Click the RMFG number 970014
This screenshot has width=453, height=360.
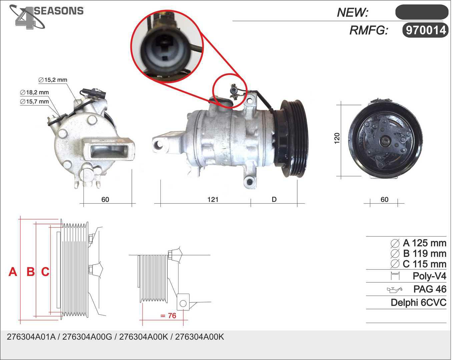(426, 31)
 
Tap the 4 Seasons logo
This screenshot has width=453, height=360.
(46, 17)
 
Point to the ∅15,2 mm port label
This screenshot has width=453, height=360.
(53, 80)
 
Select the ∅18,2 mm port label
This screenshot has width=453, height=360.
(34, 92)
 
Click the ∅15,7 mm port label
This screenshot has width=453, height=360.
(34, 102)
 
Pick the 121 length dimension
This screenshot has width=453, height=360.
(213, 199)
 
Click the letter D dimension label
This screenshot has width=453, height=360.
(274, 199)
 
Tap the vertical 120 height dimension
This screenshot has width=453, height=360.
(337, 138)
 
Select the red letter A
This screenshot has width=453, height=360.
(13, 272)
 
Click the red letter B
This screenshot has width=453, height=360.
(31, 272)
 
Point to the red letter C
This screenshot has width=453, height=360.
(45, 272)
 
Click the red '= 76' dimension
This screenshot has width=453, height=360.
(168, 316)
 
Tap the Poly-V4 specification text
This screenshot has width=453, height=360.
(429, 276)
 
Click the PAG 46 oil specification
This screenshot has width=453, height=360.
(430, 289)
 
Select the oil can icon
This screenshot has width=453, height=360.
(395, 290)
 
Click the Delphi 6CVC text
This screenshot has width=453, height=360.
(419, 303)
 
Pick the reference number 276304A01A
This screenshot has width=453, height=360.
(31, 337)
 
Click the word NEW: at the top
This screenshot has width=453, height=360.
(353, 13)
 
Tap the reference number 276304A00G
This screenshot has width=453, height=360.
(87, 337)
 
